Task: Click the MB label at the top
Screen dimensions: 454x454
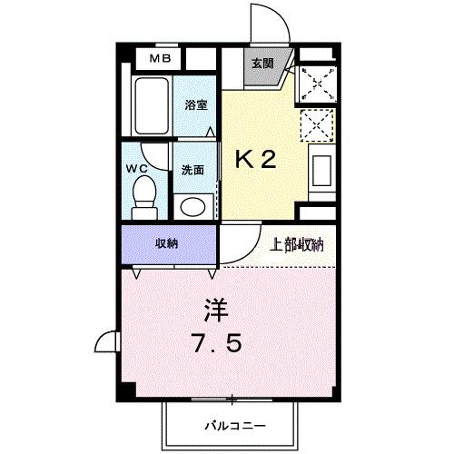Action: click(160, 59)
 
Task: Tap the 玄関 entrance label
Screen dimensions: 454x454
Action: click(262, 64)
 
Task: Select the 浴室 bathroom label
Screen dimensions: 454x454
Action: click(197, 105)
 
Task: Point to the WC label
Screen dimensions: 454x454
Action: click(137, 169)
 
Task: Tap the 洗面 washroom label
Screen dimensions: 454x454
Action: click(192, 170)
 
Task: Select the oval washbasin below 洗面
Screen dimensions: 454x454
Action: click(192, 206)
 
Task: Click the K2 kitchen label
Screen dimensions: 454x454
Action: click(256, 161)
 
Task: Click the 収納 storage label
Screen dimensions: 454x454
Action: click(165, 243)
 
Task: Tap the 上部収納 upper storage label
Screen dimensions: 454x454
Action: click(298, 243)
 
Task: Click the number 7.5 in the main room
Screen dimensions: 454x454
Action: click(215, 346)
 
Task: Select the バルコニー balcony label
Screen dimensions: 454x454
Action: click(233, 424)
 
